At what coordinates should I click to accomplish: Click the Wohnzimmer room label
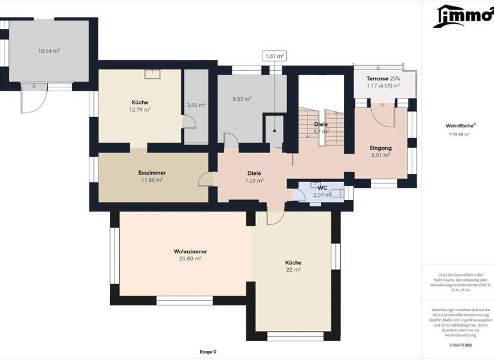(189, 251)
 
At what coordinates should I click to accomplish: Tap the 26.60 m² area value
(189, 258)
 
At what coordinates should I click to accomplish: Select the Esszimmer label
(152, 173)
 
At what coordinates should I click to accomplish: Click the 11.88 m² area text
(152, 180)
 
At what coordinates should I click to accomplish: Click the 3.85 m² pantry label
(196, 105)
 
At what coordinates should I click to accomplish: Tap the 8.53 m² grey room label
(241, 99)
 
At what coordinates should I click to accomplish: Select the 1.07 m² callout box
(275, 57)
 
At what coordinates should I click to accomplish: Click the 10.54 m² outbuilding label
(49, 50)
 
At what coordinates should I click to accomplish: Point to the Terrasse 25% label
(383, 78)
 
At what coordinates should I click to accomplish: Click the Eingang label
(380, 148)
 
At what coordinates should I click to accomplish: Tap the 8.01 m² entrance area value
(380, 155)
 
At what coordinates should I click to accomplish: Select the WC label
(322, 188)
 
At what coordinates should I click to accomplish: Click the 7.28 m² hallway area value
(254, 181)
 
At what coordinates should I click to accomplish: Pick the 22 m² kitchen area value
(293, 270)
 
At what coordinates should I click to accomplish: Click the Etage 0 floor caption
(208, 352)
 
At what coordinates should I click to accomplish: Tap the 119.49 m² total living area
(459, 134)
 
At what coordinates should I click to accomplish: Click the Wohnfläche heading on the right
(459, 126)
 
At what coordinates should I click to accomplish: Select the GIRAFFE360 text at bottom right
(459, 345)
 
